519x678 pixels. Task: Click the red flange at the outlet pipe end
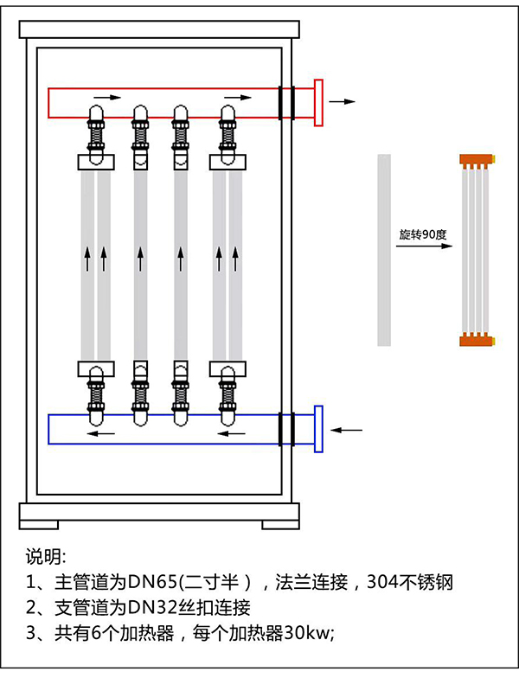coord(318,102)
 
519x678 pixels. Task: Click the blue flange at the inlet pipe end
coord(318,428)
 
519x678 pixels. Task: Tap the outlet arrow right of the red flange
coord(343,101)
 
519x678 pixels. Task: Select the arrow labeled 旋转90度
coord(425,246)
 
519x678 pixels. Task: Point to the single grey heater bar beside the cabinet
coord(384,249)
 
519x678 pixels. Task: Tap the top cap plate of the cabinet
coord(161,28)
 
